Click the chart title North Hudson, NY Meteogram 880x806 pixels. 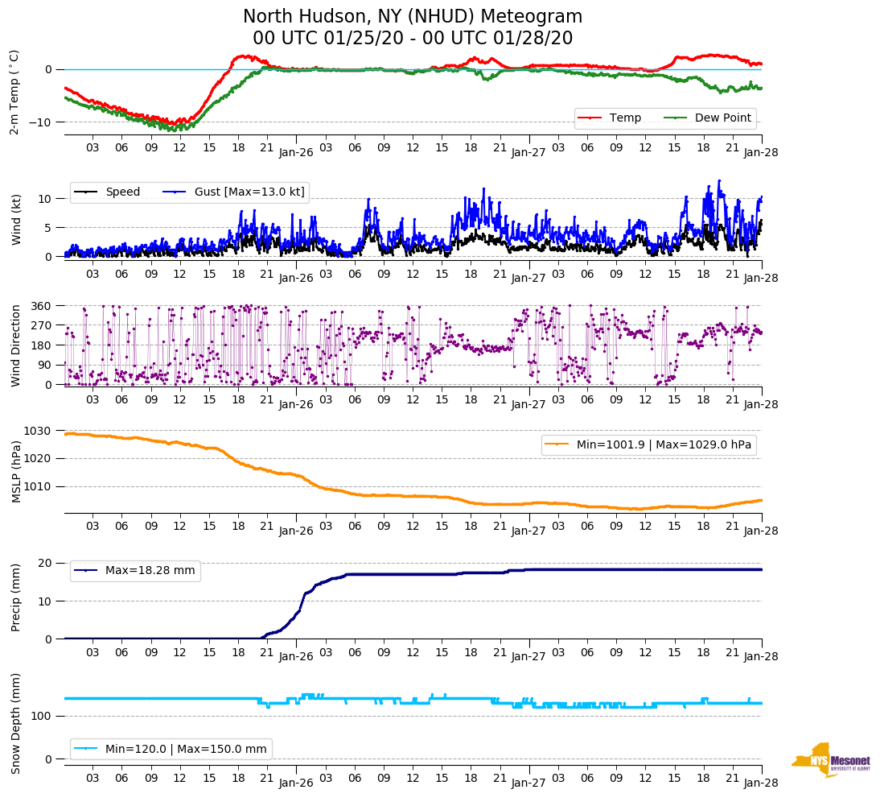point(413,17)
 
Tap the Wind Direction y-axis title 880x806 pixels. point(16,345)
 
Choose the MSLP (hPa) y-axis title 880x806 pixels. point(16,471)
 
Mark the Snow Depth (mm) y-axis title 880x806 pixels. point(16,723)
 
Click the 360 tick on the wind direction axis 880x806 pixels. point(42,306)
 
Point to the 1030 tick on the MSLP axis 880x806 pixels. point(39,431)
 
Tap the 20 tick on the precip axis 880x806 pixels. point(47,563)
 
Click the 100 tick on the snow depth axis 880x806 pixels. point(42,716)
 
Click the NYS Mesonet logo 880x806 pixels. point(830,761)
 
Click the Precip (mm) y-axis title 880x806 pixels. point(16,597)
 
